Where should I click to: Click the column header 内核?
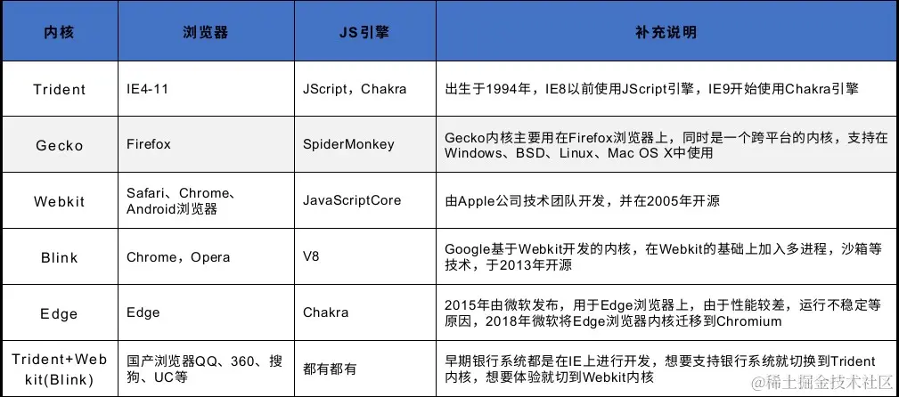coord(59,33)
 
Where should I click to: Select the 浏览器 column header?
coord(206,33)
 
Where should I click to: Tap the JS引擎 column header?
coord(364,33)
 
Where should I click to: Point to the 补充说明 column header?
coord(666,33)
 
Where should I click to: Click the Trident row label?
coord(60,89)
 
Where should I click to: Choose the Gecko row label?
coord(60,145)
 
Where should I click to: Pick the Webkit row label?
coord(60,202)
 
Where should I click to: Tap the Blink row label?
coord(60,258)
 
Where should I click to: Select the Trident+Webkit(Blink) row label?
coord(60,369)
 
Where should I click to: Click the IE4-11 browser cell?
coord(146,89)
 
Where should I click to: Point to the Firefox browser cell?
coord(149,144)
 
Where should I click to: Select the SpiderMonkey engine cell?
coord(348,144)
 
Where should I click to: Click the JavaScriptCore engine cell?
coord(352,200)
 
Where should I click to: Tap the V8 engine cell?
coord(311,256)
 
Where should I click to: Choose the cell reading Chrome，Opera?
coord(178,257)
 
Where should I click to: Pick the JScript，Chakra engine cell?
coord(355,89)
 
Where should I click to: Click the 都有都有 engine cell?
coord(330,369)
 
